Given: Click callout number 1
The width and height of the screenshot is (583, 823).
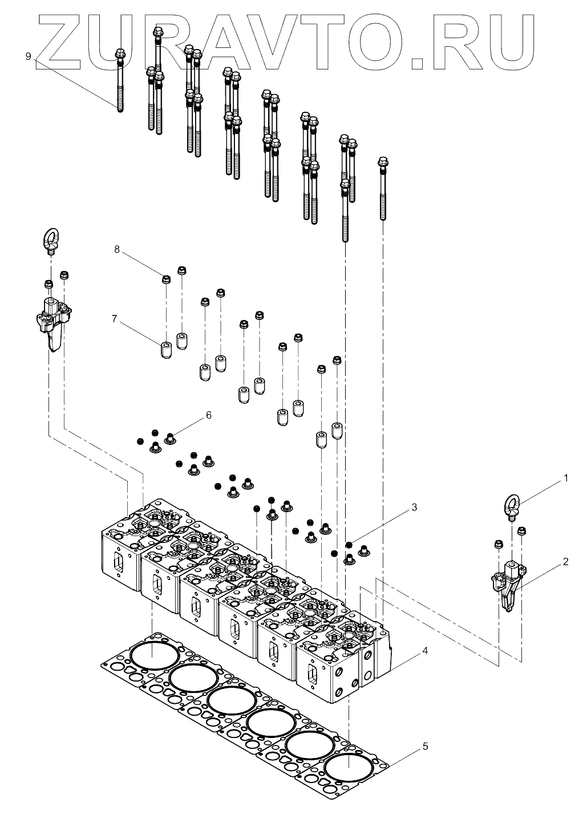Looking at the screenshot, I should [566, 478].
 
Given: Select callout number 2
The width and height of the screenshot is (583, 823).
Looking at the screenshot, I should [566, 562].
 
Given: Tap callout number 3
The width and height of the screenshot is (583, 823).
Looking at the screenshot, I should [415, 506].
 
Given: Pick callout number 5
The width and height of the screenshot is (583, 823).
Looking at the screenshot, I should [426, 746].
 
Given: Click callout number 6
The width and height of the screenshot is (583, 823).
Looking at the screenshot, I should [208, 415].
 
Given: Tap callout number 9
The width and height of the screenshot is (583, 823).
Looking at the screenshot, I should [28, 56].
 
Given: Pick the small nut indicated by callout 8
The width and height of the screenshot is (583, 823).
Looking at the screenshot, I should [166, 279].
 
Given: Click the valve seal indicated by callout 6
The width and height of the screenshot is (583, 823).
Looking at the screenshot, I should [170, 438].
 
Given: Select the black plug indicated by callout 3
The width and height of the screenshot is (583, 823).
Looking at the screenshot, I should [349, 544].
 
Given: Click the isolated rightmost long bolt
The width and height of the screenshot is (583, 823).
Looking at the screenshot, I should [383, 188].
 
